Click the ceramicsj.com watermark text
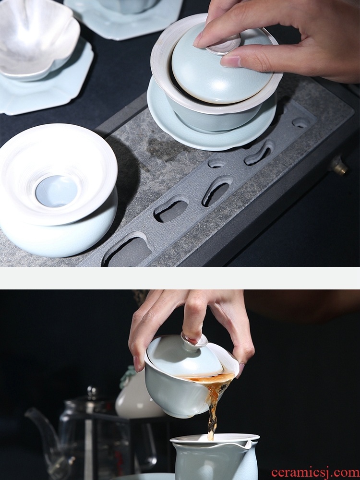pyautogui.click(x=315, y=472)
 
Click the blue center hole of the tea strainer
pyautogui.click(x=56, y=191)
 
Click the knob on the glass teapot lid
pyautogui.click(x=92, y=391)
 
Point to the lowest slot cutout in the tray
pyautogui.click(x=128, y=250)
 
